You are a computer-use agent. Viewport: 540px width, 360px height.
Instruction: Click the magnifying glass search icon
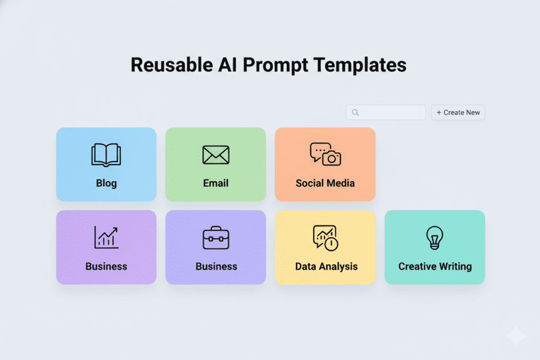click(x=355, y=112)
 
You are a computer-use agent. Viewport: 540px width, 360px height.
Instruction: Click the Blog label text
click(x=106, y=183)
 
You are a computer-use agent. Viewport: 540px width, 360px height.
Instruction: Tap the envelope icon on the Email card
click(x=216, y=155)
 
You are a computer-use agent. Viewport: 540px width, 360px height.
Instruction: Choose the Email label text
click(x=216, y=183)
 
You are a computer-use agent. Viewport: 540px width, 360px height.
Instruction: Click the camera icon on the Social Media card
click(x=332, y=158)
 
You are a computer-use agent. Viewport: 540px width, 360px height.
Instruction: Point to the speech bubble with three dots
click(x=319, y=151)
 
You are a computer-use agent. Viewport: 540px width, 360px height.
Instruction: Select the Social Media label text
click(x=325, y=183)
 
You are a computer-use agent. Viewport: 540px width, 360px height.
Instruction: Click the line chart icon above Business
click(x=106, y=237)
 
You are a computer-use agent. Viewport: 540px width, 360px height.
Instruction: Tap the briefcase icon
click(x=216, y=238)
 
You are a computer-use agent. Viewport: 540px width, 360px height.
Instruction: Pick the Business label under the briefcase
click(x=216, y=266)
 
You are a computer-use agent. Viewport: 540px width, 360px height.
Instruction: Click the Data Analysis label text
click(x=326, y=266)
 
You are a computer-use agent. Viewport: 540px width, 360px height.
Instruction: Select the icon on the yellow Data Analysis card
click(x=325, y=238)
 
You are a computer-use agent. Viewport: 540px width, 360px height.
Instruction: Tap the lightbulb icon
click(x=435, y=237)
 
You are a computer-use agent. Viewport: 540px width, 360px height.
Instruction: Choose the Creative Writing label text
click(x=435, y=266)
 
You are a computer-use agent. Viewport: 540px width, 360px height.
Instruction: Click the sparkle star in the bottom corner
click(x=515, y=336)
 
